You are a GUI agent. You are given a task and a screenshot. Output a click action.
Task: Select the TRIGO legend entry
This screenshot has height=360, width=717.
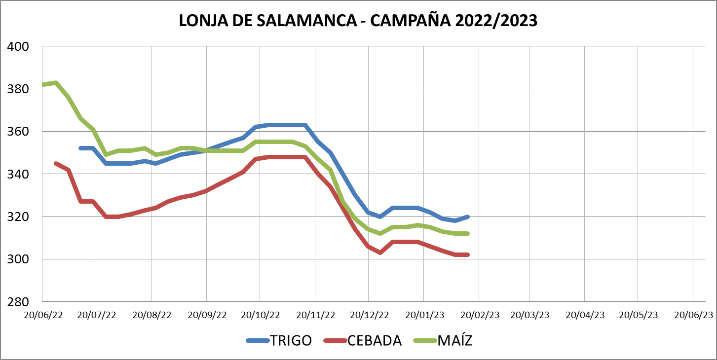tap(291, 340)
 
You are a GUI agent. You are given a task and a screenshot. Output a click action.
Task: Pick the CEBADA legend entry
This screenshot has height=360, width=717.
tap(374, 340)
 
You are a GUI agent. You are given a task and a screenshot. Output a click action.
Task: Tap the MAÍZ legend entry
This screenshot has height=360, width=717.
tap(454, 340)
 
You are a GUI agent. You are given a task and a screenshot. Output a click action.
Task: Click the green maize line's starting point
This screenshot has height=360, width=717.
tap(43, 85)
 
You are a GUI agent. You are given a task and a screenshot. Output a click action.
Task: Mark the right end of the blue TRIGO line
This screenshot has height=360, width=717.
tap(467, 216)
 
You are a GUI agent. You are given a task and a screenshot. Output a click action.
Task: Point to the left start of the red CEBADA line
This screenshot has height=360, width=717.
tap(55, 163)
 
